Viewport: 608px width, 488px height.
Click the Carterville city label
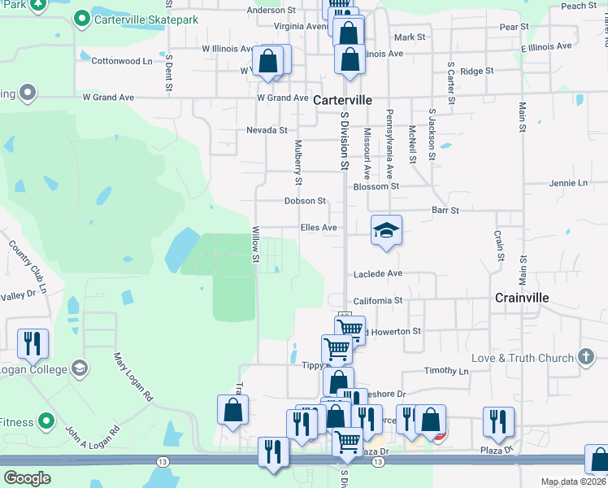(342, 99)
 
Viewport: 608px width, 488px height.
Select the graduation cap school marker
(387, 231)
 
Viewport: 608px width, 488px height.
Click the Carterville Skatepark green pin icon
(81, 19)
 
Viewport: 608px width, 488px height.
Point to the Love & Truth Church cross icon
(585, 358)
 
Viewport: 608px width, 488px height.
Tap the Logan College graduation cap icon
(79, 368)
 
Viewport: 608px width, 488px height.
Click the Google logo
(27, 478)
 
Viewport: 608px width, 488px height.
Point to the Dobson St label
(305, 201)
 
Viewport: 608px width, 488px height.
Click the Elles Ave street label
(319, 228)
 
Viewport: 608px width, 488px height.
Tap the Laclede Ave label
(378, 274)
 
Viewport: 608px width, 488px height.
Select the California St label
(378, 300)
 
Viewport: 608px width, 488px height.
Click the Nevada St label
(267, 130)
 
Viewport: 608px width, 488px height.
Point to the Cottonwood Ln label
(122, 61)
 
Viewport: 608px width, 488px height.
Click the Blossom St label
(376, 185)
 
